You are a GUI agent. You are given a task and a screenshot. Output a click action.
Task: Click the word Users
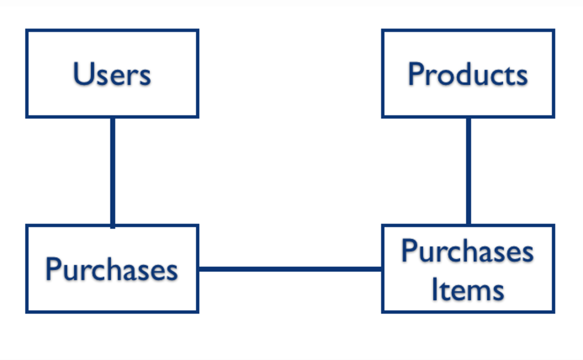pyautogui.click(x=112, y=74)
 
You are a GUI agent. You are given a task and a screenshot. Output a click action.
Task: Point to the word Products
pyautogui.click(x=468, y=74)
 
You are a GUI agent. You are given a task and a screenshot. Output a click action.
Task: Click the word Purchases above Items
pyautogui.click(x=468, y=251)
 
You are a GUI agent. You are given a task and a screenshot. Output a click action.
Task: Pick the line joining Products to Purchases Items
pyautogui.click(x=468, y=171)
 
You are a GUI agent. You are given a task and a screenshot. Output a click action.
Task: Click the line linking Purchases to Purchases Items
pyautogui.click(x=290, y=269)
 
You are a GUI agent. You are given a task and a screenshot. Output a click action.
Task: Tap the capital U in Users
pyautogui.click(x=82, y=74)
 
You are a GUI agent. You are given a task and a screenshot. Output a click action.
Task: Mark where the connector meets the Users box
pyautogui.click(x=113, y=117)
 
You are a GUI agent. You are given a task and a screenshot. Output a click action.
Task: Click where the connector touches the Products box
pyautogui.click(x=468, y=117)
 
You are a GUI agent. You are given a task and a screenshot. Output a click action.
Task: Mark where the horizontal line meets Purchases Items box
pyautogui.click(x=382, y=269)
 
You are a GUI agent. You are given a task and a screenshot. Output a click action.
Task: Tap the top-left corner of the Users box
pyautogui.click(x=27, y=30)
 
